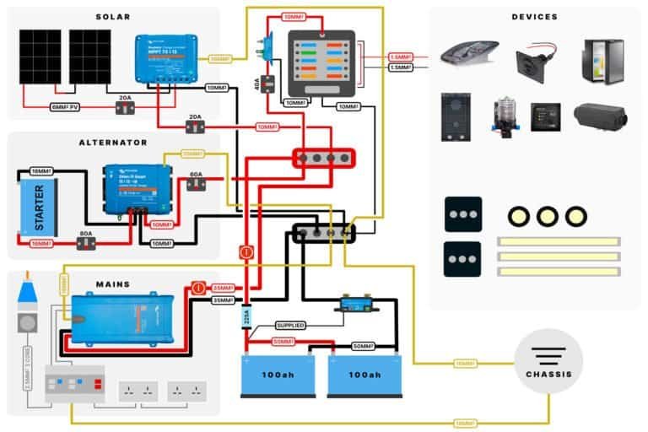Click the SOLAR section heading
[113, 17]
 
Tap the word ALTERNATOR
[112, 143]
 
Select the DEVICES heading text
[534, 17]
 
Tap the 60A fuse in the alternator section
[196, 181]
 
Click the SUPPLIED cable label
[289, 325]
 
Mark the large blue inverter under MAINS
[122, 317]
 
